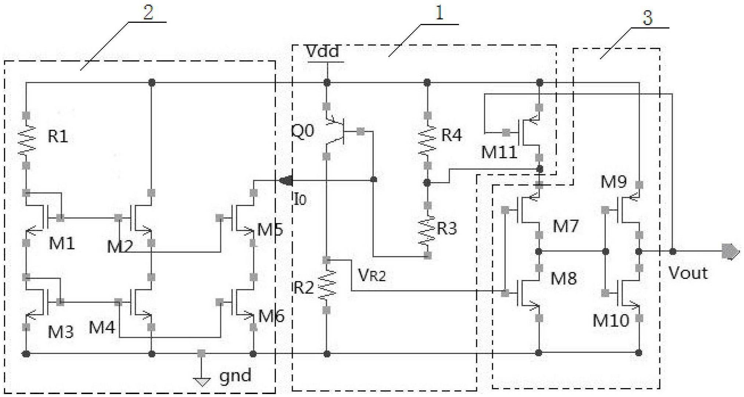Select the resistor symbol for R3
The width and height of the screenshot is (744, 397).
427,230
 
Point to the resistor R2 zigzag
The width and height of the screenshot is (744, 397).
327,284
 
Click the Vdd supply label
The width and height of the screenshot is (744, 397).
323,52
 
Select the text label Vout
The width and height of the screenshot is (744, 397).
688,273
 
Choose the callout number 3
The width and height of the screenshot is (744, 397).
647,18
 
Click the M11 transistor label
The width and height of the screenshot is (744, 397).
499,152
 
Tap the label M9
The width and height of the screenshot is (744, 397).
614,182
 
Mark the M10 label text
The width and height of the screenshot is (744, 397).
611,321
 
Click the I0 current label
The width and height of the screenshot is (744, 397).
300,199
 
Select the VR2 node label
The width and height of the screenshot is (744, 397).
372,274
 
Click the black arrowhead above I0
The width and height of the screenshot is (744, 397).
286,181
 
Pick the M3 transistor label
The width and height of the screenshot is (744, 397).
61,332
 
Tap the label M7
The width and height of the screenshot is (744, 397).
566,226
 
